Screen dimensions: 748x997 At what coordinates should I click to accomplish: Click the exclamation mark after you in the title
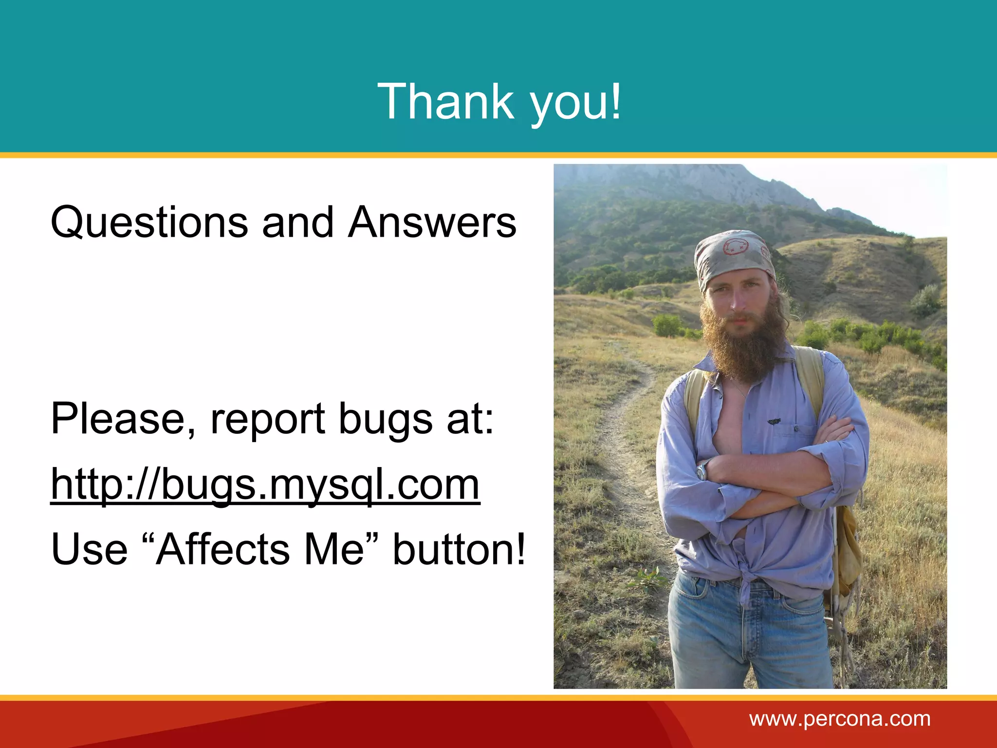pyautogui.click(x=616, y=101)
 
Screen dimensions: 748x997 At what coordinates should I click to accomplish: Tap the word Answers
pyautogui.click(x=432, y=223)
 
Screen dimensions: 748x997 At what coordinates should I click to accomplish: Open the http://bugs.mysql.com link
pyautogui.click(x=265, y=485)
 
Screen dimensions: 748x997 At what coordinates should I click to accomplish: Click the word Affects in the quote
pyautogui.click(x=222, y=549)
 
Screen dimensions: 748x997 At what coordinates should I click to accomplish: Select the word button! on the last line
pyautogui.click(x=459, y=549)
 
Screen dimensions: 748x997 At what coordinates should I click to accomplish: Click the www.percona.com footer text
pyautogui.click(x=840, y=719)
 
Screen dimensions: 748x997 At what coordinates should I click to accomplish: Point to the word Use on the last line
pyautogui.click(x=89, y=549)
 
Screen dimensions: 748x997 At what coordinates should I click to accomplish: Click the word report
pyautogui.click(x=267, y=419)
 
